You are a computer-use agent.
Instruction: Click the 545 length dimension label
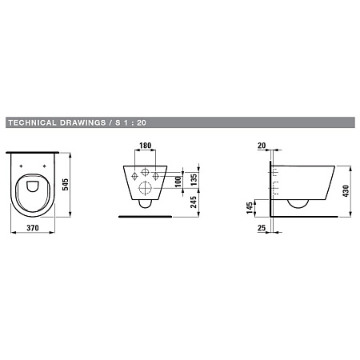(x=66, y=185)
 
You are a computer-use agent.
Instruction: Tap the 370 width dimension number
(x=33, y=228)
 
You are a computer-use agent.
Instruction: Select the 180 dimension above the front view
(x=146, y=146)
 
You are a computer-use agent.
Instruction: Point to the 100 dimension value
(x=178, y=182)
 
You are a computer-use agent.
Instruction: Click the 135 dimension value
(x=194, y=179)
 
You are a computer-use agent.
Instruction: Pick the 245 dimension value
(x=194, y=202)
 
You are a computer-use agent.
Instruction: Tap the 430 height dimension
(x=346, y=191)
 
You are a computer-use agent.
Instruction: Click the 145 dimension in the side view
(x=250, y=208)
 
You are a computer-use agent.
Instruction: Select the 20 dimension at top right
(x=262, y=146)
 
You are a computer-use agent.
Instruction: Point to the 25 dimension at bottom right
(x=262, y=228)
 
